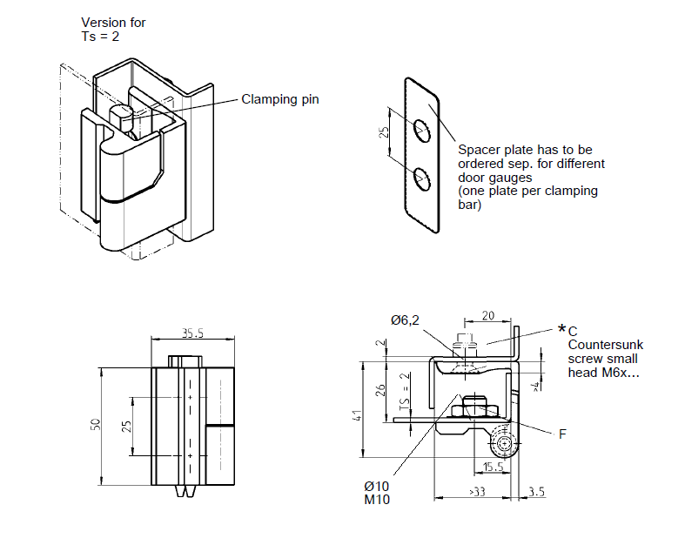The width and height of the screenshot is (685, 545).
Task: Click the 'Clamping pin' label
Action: (279, 99)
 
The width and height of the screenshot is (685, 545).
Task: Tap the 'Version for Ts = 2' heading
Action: (113, 30)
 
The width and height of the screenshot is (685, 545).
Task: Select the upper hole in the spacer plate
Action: (423, 130)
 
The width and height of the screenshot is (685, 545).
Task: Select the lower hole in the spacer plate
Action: (423, 178)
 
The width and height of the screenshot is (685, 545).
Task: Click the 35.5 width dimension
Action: (193, 333)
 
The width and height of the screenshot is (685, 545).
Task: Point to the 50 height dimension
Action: (96, 425)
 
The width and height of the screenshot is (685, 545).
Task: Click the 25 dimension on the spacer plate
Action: (385, 133)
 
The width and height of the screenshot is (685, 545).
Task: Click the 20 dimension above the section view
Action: (487, 316)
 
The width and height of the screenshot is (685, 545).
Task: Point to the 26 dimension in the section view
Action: (379, 389)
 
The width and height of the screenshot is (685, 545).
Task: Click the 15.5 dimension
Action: (493, 467)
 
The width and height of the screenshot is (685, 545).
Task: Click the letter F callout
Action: (562, 433)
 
